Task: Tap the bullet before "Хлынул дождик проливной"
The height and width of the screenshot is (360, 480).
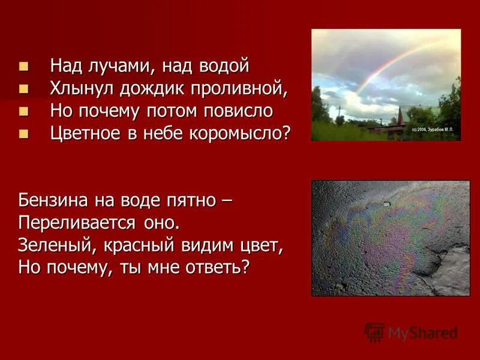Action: click(23, 89)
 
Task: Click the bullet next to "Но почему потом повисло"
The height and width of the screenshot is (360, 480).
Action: click(23, 111)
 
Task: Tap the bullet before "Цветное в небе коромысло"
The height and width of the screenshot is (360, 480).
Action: click(23, 133)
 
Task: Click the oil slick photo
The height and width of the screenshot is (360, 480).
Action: click(390, 238)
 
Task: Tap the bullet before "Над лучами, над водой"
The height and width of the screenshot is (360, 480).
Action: click(23, 65)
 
